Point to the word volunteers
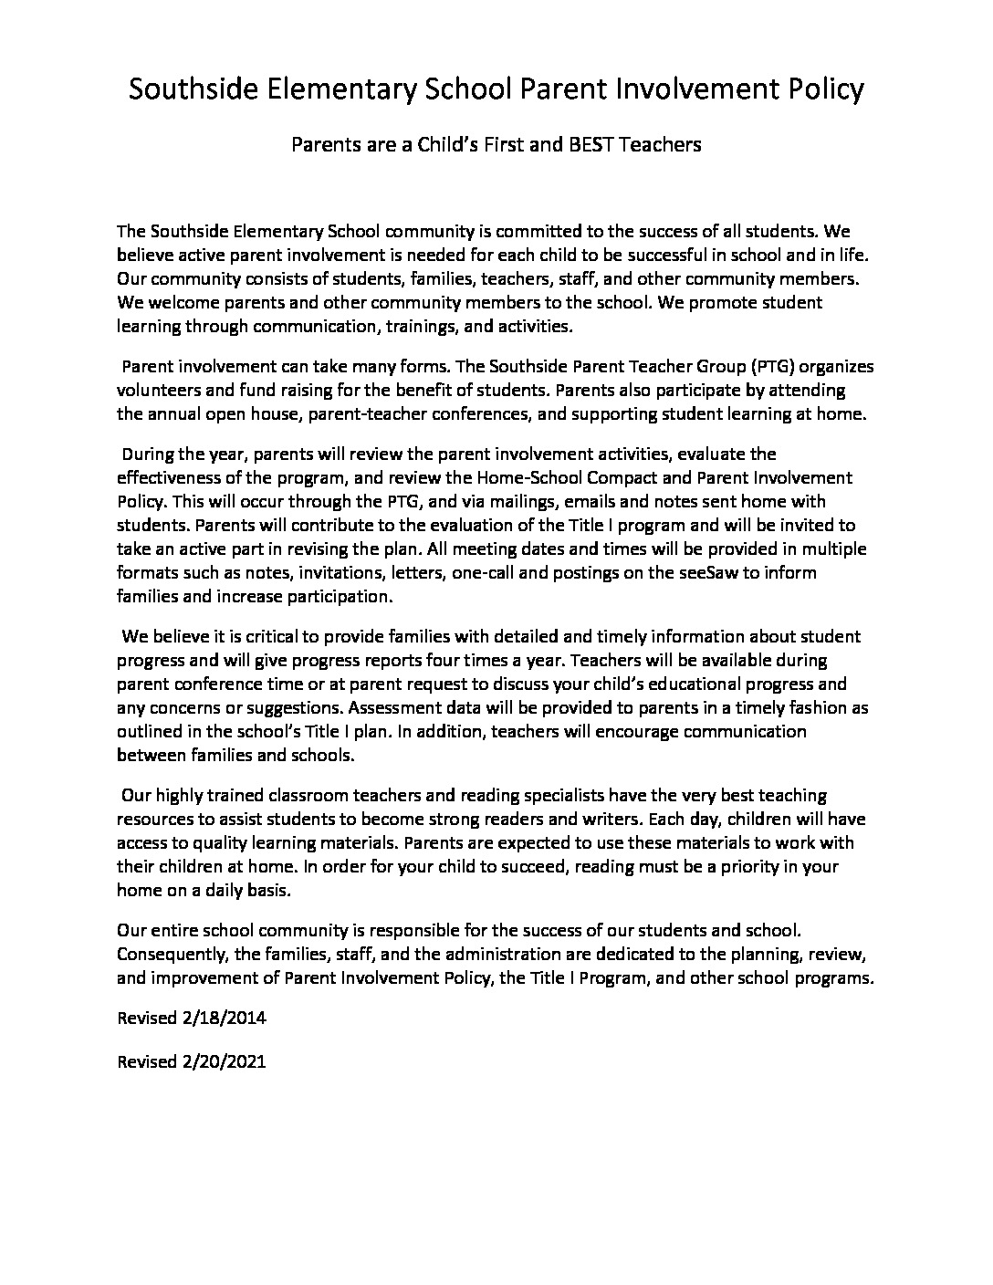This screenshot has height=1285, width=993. tap(160, 391)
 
